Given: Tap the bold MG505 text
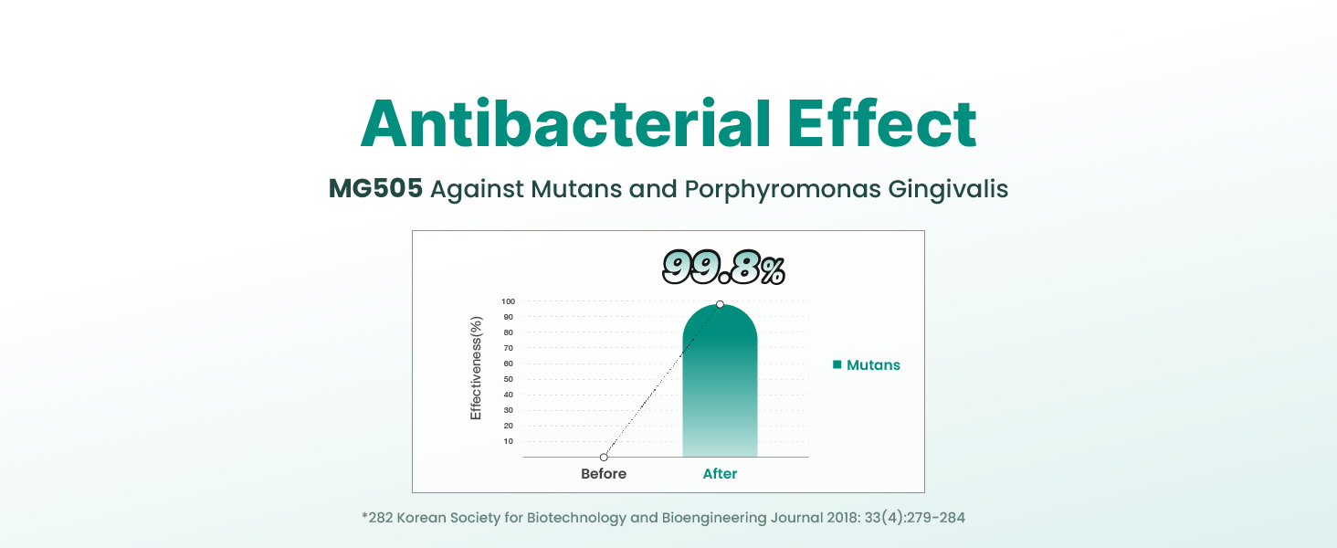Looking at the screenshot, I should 375,189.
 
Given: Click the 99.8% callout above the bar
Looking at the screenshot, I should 723,268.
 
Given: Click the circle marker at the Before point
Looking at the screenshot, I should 604,457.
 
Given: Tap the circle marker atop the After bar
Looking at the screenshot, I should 720,304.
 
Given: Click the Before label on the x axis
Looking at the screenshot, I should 604,474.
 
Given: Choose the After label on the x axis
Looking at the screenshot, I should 720,474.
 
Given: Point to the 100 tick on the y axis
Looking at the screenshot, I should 508,301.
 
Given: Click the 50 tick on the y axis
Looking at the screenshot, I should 508,379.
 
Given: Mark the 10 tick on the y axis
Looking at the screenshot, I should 508,441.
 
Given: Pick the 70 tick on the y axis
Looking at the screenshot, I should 508,348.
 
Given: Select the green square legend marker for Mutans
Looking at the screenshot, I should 837,364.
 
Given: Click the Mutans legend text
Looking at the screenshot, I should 873,365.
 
